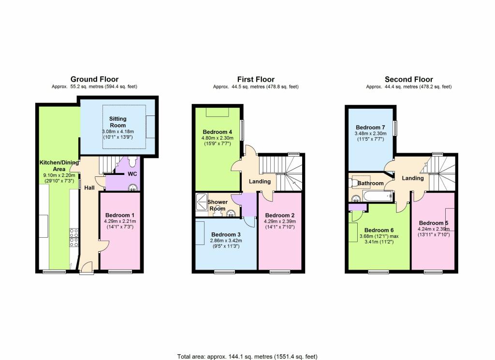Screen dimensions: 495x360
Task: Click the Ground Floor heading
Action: click(x=94, y=79)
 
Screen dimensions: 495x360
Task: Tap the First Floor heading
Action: click(x=256, y=79)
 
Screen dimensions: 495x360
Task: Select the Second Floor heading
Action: click(x=409, y=79)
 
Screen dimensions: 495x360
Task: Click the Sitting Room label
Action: click(x=118, y=122)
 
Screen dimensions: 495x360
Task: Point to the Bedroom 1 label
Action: click(x=120, y=215)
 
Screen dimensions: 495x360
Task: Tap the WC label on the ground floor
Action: click(x=132, y=174)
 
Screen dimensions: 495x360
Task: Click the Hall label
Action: click(x=89, y=187)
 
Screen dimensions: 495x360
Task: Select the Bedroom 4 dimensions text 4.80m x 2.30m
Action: click(x=217, y=138)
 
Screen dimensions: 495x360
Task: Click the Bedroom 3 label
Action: click(x=226, y=234)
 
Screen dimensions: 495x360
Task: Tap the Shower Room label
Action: click(x=218, y=205)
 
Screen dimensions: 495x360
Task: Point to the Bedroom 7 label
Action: click(x=370, y=128)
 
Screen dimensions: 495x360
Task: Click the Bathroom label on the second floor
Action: click(x=371, y=183)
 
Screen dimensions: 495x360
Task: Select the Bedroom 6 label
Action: click(x=379, y=230)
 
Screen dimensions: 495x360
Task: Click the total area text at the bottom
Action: click(x=247, y=357)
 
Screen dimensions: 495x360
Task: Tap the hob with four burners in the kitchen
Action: click(x=74, y=238)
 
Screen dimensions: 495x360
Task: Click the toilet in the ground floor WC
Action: click(x=132, y=161)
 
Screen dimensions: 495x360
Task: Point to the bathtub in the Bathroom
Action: click(x=378, y=196)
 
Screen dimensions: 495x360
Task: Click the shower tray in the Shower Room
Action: click(x=201, y=202)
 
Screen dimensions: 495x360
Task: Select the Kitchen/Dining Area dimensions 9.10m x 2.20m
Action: click(x=59, y=175)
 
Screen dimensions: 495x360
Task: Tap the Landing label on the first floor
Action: click(x=260, y=181)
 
